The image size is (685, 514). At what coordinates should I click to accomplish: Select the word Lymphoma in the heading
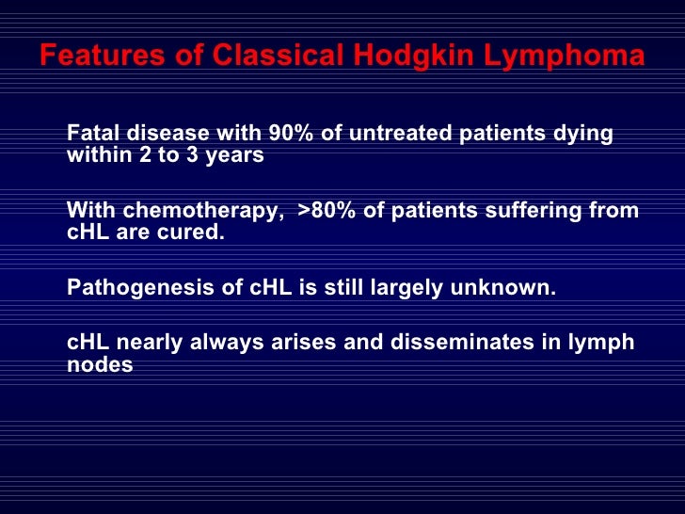pyautogui.click(x=565, y=56)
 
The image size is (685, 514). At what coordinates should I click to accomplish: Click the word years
pyautogui.click(x=236, y=156)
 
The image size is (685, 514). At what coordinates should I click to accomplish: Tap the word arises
pyautogui.click(x=304, y=343)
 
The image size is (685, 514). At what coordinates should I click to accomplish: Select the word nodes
pyautogui.click(x=100, y=365)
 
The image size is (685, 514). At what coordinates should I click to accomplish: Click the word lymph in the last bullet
pyautogui.click(x=603, y=343)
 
